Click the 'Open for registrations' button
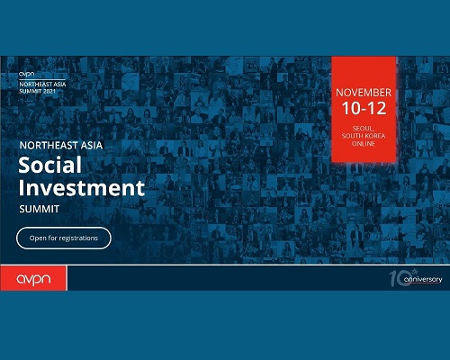point(64,238)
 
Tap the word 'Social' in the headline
point(50,165)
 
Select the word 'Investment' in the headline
point(82,188)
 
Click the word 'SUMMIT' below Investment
point(40,209)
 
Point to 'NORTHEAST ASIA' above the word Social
point(61,146)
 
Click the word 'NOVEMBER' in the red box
point(364,93)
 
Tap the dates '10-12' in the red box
point(364,108)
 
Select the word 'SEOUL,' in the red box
point(364,129)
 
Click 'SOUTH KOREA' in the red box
point(364,136)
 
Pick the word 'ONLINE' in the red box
point(364,144)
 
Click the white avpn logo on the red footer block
point(33,280)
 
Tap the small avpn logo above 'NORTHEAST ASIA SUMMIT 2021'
point(27,74)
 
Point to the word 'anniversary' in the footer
point(423,280)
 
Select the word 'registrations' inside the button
point(78,238)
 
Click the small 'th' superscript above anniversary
point(415,271)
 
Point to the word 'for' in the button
point(52,238)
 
